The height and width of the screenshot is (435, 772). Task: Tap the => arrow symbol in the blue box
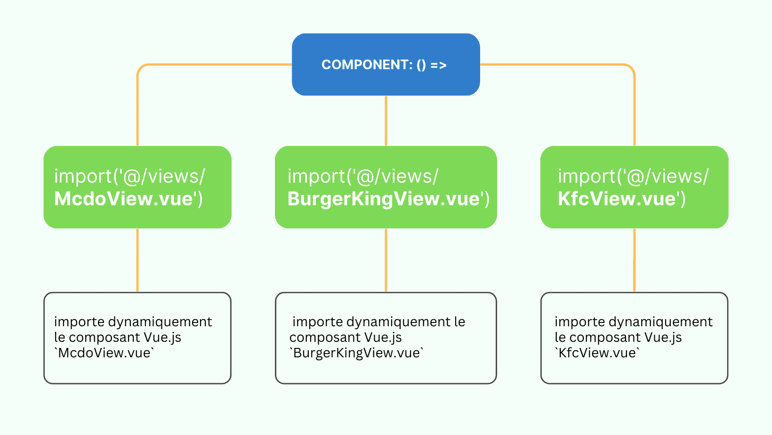pos(438,65)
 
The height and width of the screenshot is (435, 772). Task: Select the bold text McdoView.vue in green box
pos(123,199)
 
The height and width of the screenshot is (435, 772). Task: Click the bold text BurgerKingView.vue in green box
pos(384,199)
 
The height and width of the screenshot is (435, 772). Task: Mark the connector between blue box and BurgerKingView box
pos(386,121)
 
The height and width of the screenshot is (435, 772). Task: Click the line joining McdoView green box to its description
pos(137,260)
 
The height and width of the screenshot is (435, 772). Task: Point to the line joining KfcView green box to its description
pos(635,260)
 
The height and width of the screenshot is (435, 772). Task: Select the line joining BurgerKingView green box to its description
pos(386,260)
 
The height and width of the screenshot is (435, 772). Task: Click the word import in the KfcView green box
pos(587,177)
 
